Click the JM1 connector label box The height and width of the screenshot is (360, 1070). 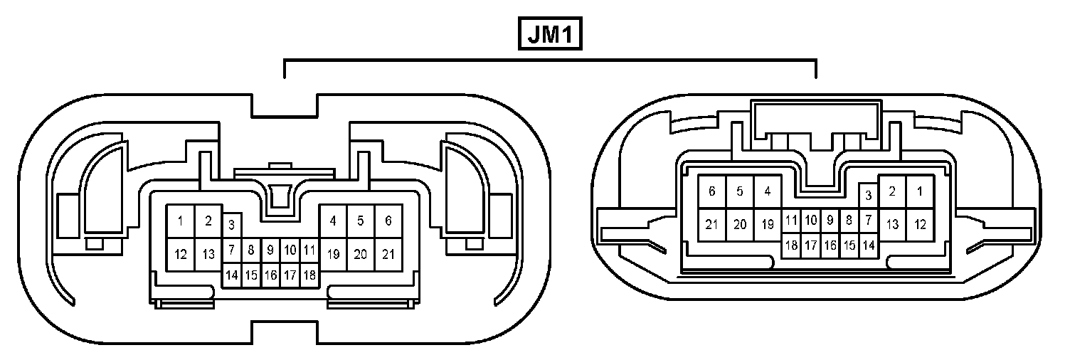point(549,33)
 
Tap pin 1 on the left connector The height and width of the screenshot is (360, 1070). point(181,221)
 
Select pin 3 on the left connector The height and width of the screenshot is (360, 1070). point(231,226)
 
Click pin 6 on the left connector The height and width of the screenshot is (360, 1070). point(388,221)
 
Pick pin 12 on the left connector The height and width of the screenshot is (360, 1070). point(181,254)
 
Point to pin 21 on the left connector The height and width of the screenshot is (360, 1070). point(388,254)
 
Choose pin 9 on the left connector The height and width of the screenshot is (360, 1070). point(270,250)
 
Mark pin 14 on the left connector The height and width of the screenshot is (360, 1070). point(231,275)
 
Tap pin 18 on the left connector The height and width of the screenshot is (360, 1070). point(309,275)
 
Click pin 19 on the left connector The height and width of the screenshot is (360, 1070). point(333,254)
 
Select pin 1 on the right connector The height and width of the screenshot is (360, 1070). point(920,191)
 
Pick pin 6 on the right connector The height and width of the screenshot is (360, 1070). point(711,191)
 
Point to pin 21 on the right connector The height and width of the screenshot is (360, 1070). point(711,225)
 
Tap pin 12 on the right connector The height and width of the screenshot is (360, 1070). point(920,225)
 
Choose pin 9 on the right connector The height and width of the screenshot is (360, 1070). point(830,221)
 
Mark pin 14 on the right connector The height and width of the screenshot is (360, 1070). point(868,245)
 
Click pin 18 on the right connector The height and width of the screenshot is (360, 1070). point(791,245)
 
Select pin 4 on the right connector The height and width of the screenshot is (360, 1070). point(767,191)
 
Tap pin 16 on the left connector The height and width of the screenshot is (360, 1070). point(270,275)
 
